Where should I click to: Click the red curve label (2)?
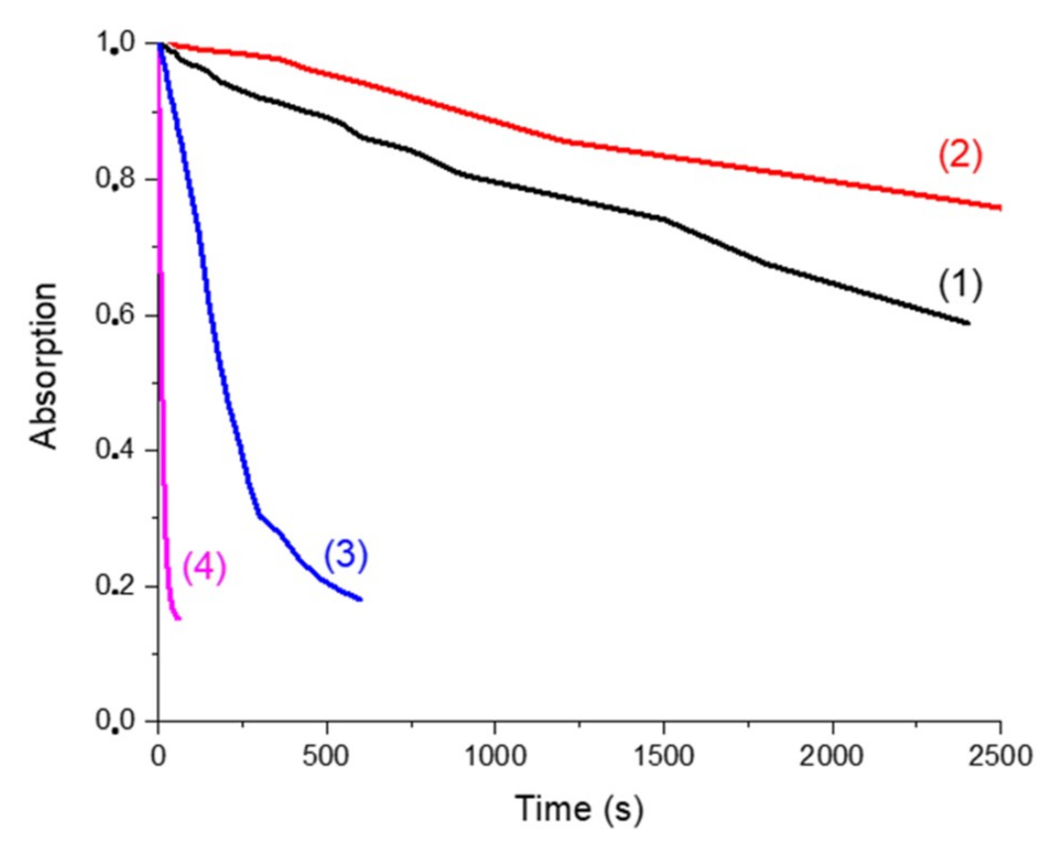959,156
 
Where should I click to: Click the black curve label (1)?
959,285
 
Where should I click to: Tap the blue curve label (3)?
346,555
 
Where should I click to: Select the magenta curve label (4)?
204,568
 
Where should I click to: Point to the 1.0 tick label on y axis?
116,43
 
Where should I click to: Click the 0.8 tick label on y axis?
116,179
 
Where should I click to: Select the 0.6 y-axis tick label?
116,315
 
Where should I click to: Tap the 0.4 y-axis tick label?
116,450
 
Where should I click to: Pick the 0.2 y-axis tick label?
116,586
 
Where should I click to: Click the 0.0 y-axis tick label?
116,721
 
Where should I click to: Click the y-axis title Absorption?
44,366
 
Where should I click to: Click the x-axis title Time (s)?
579,809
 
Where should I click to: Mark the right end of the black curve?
968,323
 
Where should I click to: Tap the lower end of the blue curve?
361,599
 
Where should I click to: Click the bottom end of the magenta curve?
179,618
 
